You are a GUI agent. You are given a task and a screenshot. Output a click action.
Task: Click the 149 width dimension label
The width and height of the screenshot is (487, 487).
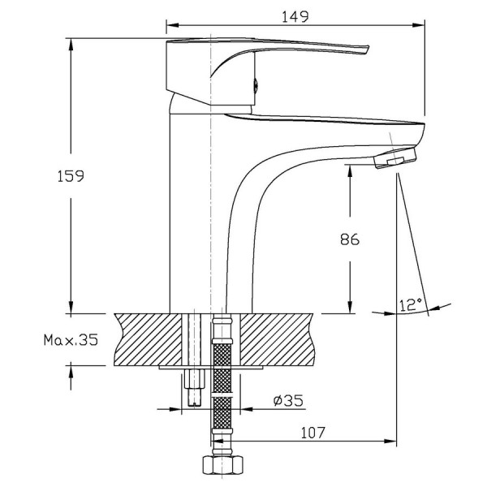coord(295,17)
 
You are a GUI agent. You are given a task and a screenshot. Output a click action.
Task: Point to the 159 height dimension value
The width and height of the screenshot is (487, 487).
coord(71,176)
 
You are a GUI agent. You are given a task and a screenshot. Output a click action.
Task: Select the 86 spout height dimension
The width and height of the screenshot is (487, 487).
coord(350,239)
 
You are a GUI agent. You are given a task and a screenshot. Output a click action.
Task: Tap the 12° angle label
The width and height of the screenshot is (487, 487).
coord(411,304)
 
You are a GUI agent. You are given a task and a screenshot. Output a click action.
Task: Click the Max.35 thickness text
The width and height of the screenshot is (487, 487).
coord(71,340)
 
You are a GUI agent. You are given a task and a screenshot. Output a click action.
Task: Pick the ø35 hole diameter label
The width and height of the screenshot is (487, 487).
coord(288,401)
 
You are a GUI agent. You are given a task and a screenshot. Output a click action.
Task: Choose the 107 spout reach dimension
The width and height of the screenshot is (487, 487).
coord(312,433)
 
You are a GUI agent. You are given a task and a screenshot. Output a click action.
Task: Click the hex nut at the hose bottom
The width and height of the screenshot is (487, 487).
coord(222,464)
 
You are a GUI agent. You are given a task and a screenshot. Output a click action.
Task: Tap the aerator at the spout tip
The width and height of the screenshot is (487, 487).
coord(395,158)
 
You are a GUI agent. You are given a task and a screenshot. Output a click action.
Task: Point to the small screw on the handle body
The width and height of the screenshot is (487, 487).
coord(256,84)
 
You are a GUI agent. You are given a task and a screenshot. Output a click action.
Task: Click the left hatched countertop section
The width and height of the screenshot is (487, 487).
coord(149,339)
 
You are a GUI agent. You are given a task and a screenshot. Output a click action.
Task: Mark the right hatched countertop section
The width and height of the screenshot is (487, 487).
coord(278,339)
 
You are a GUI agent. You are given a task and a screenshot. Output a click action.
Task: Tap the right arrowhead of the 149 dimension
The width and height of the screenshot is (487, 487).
coord(419,25)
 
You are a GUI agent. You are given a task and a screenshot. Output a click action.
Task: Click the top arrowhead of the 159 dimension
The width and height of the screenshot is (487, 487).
coord(71,45)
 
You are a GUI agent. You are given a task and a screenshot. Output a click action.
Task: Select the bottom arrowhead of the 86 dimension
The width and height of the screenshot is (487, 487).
coord(350,307)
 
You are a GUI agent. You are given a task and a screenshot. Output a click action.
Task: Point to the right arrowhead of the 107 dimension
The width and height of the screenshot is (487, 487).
coord(390,441)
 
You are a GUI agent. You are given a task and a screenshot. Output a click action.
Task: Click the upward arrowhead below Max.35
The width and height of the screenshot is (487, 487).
coord(71,372)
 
